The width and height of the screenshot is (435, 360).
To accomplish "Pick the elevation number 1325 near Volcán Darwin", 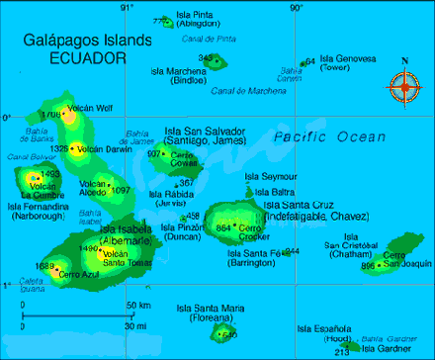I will [x=58, y=149].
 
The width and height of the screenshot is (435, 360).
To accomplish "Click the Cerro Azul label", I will [x=78, y=274].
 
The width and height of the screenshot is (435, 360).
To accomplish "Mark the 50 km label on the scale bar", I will [x=137, y=304].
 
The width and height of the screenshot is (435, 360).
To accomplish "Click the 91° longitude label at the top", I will [x=126, y=8].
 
